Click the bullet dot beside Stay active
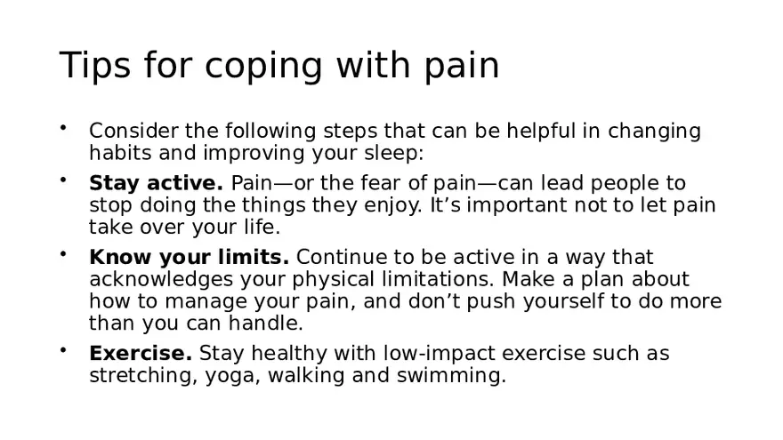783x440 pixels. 63,180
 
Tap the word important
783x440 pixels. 507,205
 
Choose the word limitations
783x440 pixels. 419,279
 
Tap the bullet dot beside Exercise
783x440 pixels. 63,350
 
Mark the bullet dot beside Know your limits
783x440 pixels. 63,254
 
